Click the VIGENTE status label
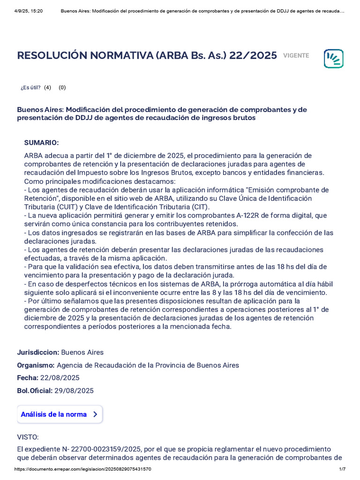(296, 56)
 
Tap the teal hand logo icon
(333, 59)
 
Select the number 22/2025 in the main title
(253, 55)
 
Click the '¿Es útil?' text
(30, 87)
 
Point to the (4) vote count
(47, 87)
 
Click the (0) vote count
(62, 87)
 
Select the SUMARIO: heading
(41, 142)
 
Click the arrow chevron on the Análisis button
(95, 414)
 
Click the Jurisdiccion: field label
(38, 352)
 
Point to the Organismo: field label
(36, 365)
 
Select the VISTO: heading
(28, 437)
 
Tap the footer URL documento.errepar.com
(82, 469)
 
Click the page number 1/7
(342, 469)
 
